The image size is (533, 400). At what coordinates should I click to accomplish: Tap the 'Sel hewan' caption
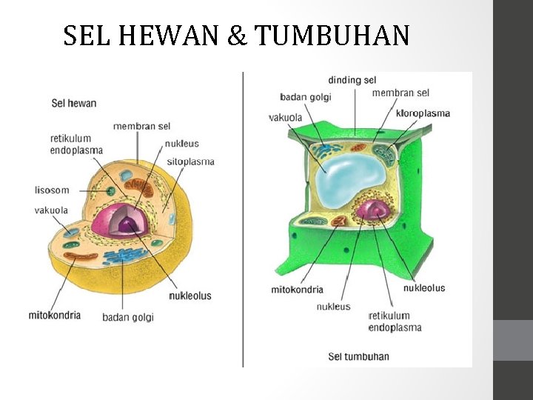pyautogui.click(x=74, y=103)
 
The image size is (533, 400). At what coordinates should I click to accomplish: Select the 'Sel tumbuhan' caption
pyautogui.click(x=358, y=356)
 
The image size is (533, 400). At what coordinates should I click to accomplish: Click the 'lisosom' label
pyautogui.click(x=52, y=190)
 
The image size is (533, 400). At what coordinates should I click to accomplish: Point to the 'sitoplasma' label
pyautogui.click(x=190, y=161)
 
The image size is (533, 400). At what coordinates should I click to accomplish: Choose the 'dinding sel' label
pyautogui.click(x=352, y=79)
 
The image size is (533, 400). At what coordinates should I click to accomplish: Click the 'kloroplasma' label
pyautogui.click(x=423, y=113)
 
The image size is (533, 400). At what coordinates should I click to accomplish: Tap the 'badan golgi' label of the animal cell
pyautogui.click(x=128, y=317)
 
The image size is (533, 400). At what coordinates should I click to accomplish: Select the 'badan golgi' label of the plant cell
pyautogui.click(x=306, y=97)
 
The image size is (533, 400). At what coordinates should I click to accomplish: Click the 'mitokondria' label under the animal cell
pyautogui.click(x=55, y=315)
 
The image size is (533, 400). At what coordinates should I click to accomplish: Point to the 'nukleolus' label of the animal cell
pyautogui.click(x=190, y=296)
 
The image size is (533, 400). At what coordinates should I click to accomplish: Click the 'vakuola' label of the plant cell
pyautogui.click(x=285, y=117)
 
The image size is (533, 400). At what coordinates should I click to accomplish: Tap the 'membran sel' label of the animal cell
pyautogui.click(x=141, y=127)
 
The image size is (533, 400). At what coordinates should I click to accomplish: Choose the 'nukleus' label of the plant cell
pyautogui.click(x=333, y=307)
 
